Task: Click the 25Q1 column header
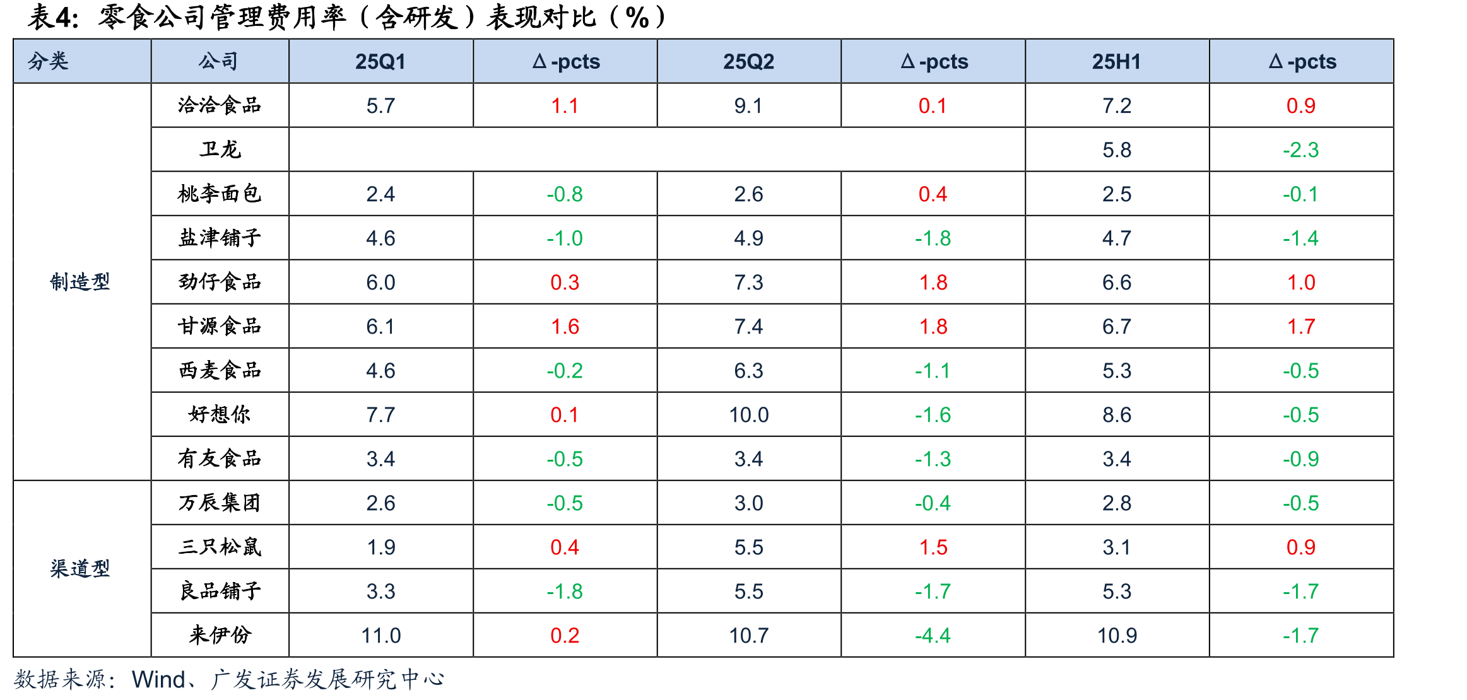(380, 62)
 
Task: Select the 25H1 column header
(1116, 62)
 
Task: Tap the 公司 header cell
(219, 61)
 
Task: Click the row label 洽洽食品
(220, 105)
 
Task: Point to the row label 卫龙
(220, 149)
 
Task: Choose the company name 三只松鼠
(220, 547)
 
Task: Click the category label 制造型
(80, 282)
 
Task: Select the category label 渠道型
(80, 569)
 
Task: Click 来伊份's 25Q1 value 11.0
(380, 636)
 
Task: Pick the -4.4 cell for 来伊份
(933, 636)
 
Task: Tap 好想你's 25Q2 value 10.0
(748, 415)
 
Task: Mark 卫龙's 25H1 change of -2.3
(1300, 150)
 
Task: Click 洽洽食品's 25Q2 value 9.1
(748, 106)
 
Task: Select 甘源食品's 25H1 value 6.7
(1116, 327)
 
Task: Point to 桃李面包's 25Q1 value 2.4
(380, 194)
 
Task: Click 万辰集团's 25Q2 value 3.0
(748, 503)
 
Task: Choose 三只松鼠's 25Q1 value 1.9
(380, 547)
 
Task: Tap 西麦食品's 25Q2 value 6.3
(748, 371)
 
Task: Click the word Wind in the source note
(158, 680)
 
